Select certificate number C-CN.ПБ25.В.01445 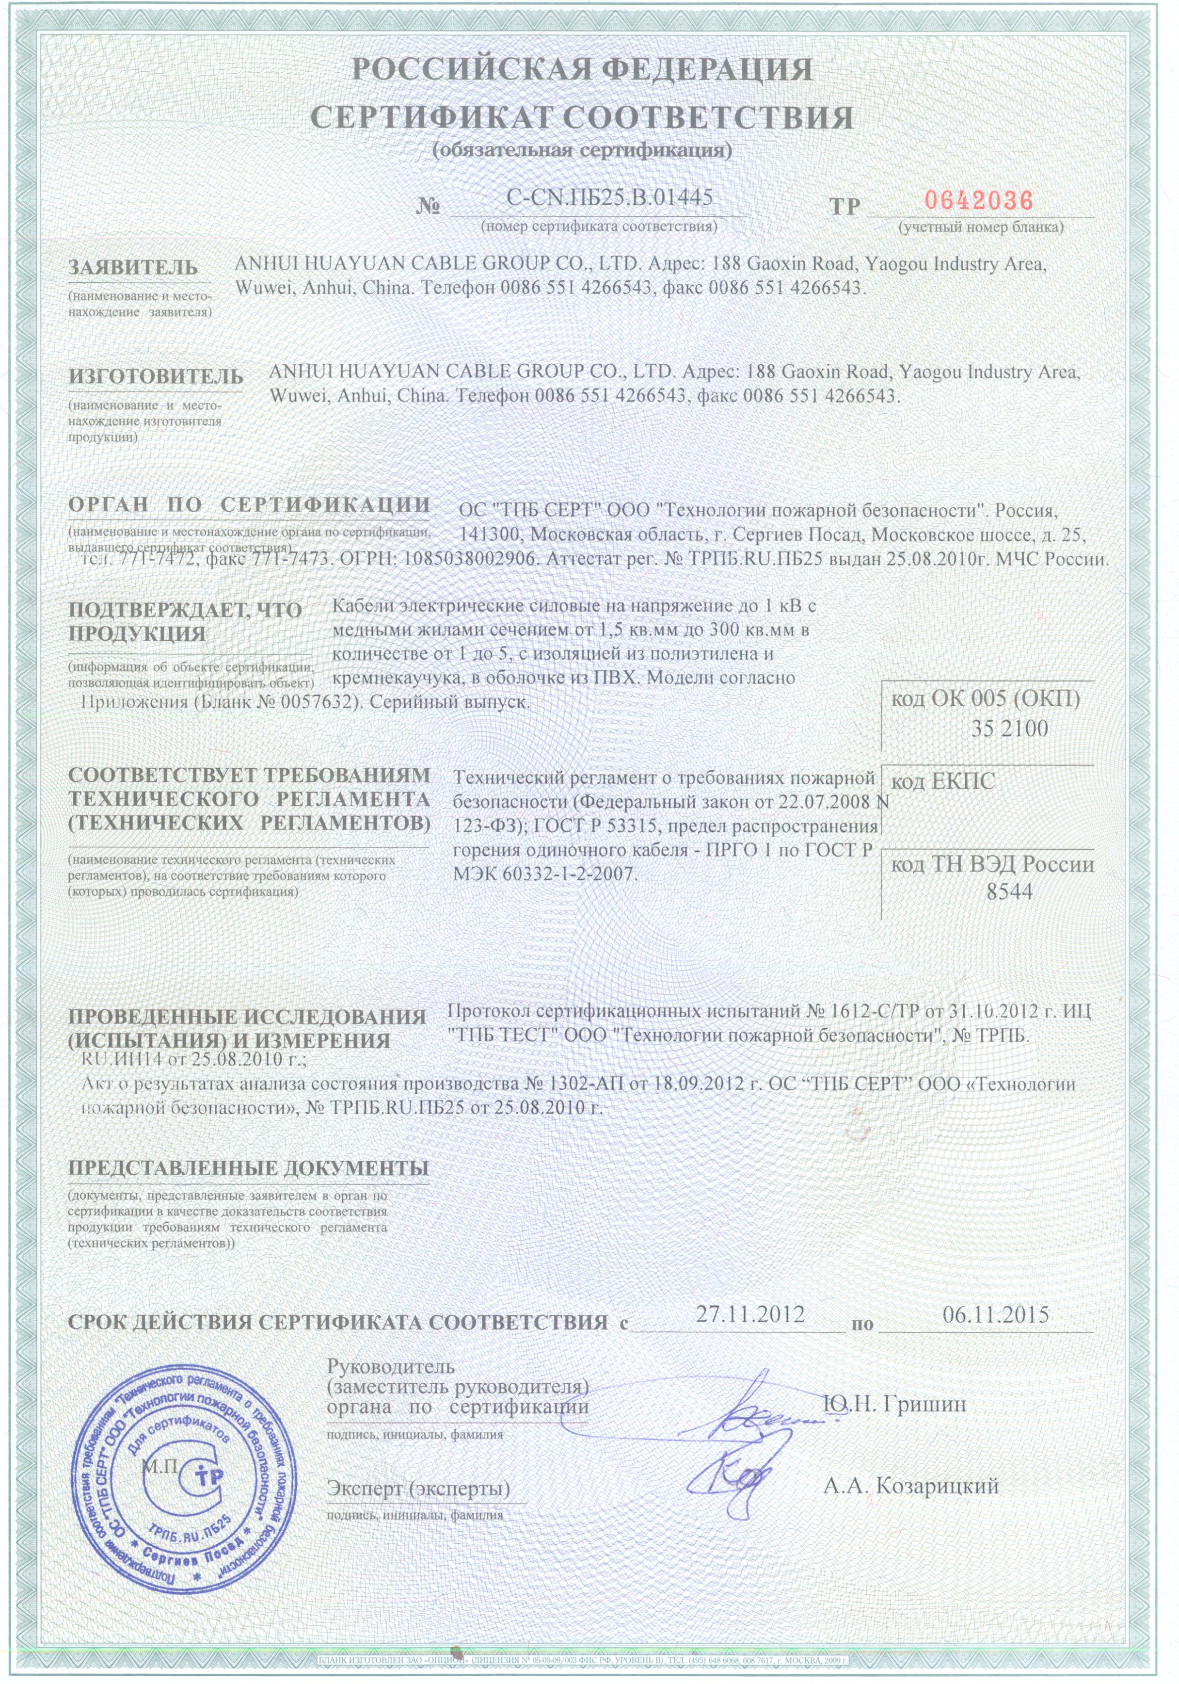pos(609,196)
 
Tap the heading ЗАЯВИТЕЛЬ pos(133,267)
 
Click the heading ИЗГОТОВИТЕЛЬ pos(156,376)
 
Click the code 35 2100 pos(1010,729)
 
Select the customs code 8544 pos(1010,891)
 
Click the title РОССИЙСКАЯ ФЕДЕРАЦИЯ pos(582,70)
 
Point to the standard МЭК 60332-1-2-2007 pos(545,874)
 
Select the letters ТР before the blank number pos(844,206)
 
